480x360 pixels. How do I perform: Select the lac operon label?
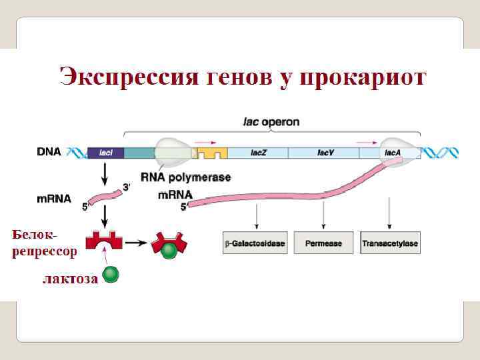coord(271,122)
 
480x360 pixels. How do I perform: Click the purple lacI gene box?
coord(105,153)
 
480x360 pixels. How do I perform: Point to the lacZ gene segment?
coord(259,153)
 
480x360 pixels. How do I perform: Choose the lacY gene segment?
coord(325,153)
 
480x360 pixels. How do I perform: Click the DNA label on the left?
coord(49,151)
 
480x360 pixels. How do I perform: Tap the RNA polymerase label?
coord(186,178)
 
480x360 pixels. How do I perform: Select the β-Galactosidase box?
coord(254,243)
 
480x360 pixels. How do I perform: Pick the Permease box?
coord(323,243)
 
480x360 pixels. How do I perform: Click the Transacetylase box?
coord(390,243)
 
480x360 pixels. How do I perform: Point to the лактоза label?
coord(69,278)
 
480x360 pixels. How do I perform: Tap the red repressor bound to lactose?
coord(169,245)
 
